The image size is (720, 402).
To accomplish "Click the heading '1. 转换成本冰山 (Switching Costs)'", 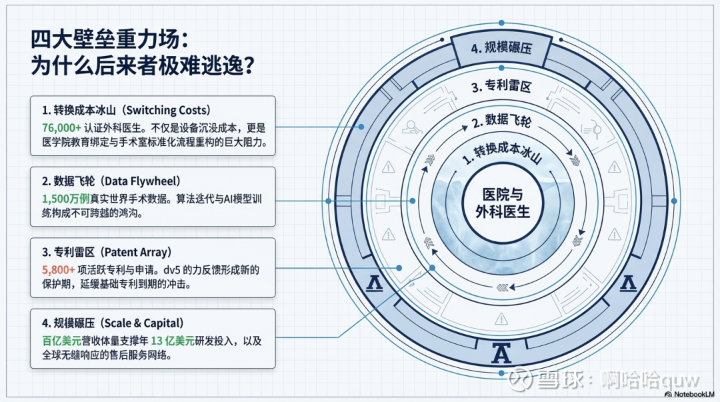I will [126, 110].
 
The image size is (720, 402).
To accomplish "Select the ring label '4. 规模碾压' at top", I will [501, 49].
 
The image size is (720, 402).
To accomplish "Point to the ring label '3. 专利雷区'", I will [501, 87].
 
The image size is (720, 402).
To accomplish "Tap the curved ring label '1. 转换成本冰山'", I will [501, 154].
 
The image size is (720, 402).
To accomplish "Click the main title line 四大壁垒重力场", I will [105, 39].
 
